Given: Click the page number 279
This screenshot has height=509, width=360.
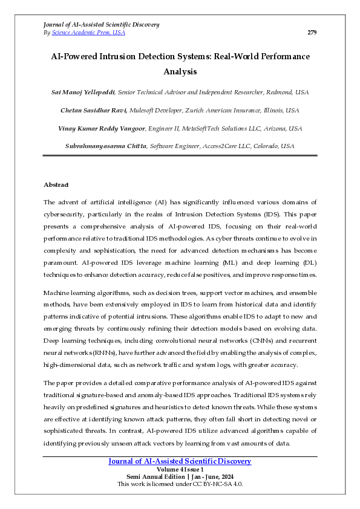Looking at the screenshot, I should [312, 32].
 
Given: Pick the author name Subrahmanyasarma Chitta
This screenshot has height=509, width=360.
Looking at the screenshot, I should [105, 146].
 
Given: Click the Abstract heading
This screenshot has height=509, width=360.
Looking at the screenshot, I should [56, 184].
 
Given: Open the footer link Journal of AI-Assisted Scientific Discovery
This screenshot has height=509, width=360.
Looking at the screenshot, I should [180, 461].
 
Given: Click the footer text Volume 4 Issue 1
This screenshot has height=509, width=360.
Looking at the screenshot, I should [180, 469].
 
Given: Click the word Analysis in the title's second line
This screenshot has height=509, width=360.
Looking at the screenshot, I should [180, 71].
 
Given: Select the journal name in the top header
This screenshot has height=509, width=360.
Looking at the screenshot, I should [102, 24].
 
